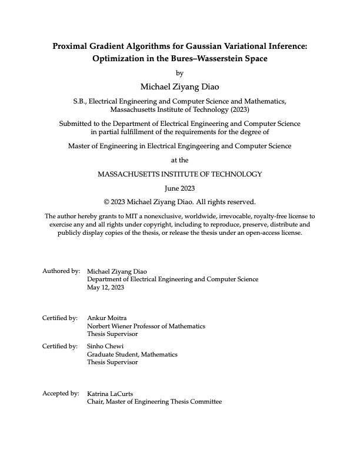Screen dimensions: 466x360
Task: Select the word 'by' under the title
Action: point(180,74)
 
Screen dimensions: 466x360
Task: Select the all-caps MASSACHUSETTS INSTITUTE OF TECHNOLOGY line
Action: point(180,174)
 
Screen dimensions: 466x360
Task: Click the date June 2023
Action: point(180,188)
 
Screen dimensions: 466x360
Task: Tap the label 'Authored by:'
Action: point(61,271)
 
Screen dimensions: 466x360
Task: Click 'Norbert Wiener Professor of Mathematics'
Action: point(146,327)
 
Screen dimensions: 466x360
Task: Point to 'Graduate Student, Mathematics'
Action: point(132,355)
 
